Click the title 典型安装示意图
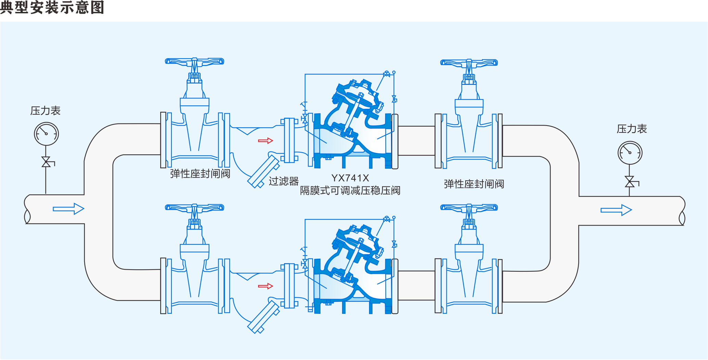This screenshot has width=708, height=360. [x=52, y=7]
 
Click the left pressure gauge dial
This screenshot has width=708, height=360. [x=46, y=134]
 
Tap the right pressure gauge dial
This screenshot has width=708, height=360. [x=630, y=153]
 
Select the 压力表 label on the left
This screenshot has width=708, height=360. [x=45, y=111]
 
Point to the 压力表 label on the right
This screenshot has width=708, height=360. [x=632, y=129]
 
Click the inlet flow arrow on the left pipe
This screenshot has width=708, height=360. [x=68, y=209]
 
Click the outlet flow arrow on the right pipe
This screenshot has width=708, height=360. [x=616, y=210]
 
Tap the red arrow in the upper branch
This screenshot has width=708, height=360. [x=265, y=141]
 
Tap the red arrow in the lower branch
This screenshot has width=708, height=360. [x=265, y=286]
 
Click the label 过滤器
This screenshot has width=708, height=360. [x=283, y=181]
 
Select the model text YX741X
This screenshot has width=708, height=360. [x=350, y=178]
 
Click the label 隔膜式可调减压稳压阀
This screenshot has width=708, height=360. [x=350, y=191]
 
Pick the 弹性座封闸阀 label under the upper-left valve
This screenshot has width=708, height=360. [x=200, y=174]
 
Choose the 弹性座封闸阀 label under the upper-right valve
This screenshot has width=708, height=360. [x=474, y=184]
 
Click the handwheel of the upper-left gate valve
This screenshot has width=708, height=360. [x=194, y=62]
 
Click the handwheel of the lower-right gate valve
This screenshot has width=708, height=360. [x=469, y=207]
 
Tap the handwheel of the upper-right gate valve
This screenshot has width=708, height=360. [x=469, y=63]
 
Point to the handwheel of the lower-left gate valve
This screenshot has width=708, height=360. [x=194, y=207]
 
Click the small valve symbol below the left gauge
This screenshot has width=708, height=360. [x=46, y=162]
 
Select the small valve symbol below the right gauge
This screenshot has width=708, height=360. [x=629, y=182]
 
